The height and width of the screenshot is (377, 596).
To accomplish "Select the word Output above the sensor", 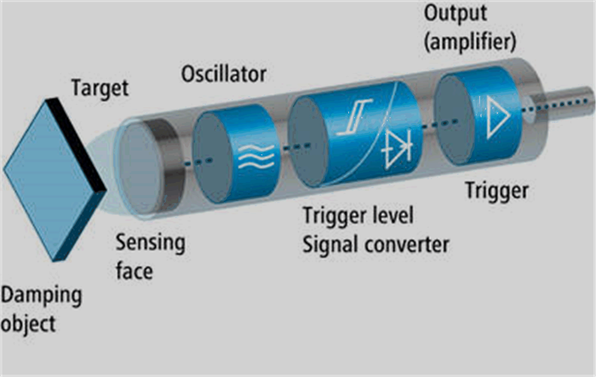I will click(455, 14).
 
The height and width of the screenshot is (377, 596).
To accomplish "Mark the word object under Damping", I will click(28, 325).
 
